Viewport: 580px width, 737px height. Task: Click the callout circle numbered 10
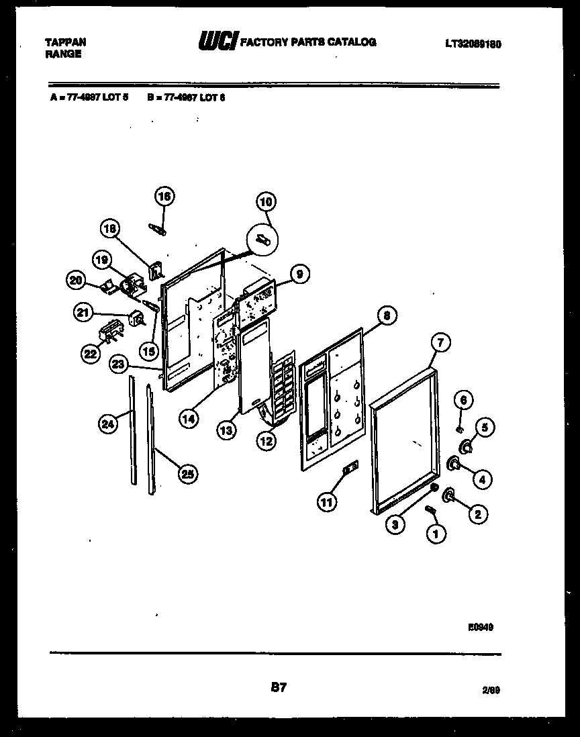pyautogui.click(x=267, y=201)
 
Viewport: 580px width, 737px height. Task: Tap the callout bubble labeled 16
pyautogui.click(x=164, y=196)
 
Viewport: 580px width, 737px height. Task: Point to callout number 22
pyautogui.click(x=89, y=354)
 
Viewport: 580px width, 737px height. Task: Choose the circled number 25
pyautogui.click(x=187, y=473)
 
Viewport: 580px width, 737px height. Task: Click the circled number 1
pyautogui.click(x=436, y=534)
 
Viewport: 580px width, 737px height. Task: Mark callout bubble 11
pyautogui.click(x=327, y=501)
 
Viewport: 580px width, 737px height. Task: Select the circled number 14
pyautogui.click(x=189, y=418)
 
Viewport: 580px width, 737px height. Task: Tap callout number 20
pyautogui.click(x=77, y=281)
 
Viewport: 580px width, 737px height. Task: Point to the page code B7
pyautogui.click(x=279, y=687)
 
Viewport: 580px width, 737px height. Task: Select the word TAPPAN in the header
pyautogui.click(x=65, y=42)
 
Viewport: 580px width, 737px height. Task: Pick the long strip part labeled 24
pyautogui.click(x=133, y=430)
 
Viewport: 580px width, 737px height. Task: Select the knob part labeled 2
pyautogui.click(x=446, y=495)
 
